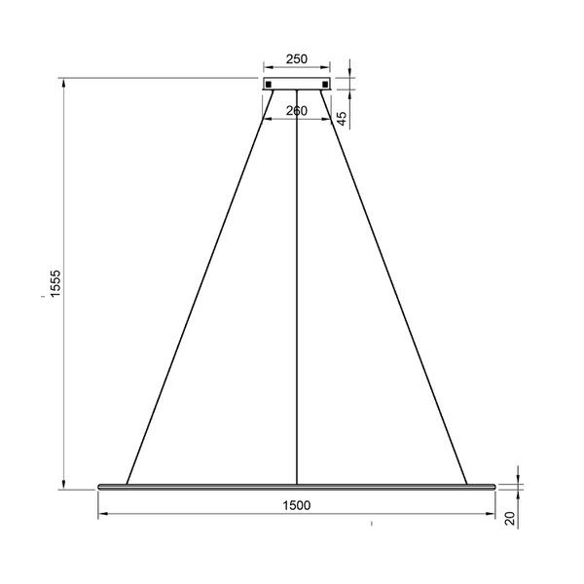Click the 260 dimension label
coord(296,111)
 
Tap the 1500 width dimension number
coord(296,504)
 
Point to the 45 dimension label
coord(342,117)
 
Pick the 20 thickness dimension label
coord(509,519)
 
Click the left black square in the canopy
coord(269,84)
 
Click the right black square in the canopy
coord(324,84)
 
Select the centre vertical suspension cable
coord(296,292)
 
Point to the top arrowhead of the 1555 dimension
coord(65,84)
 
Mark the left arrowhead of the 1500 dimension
coord(102,515)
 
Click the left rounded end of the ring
coord(100,485)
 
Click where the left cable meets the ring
coord(127,482)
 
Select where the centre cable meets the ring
coord(296,482)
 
